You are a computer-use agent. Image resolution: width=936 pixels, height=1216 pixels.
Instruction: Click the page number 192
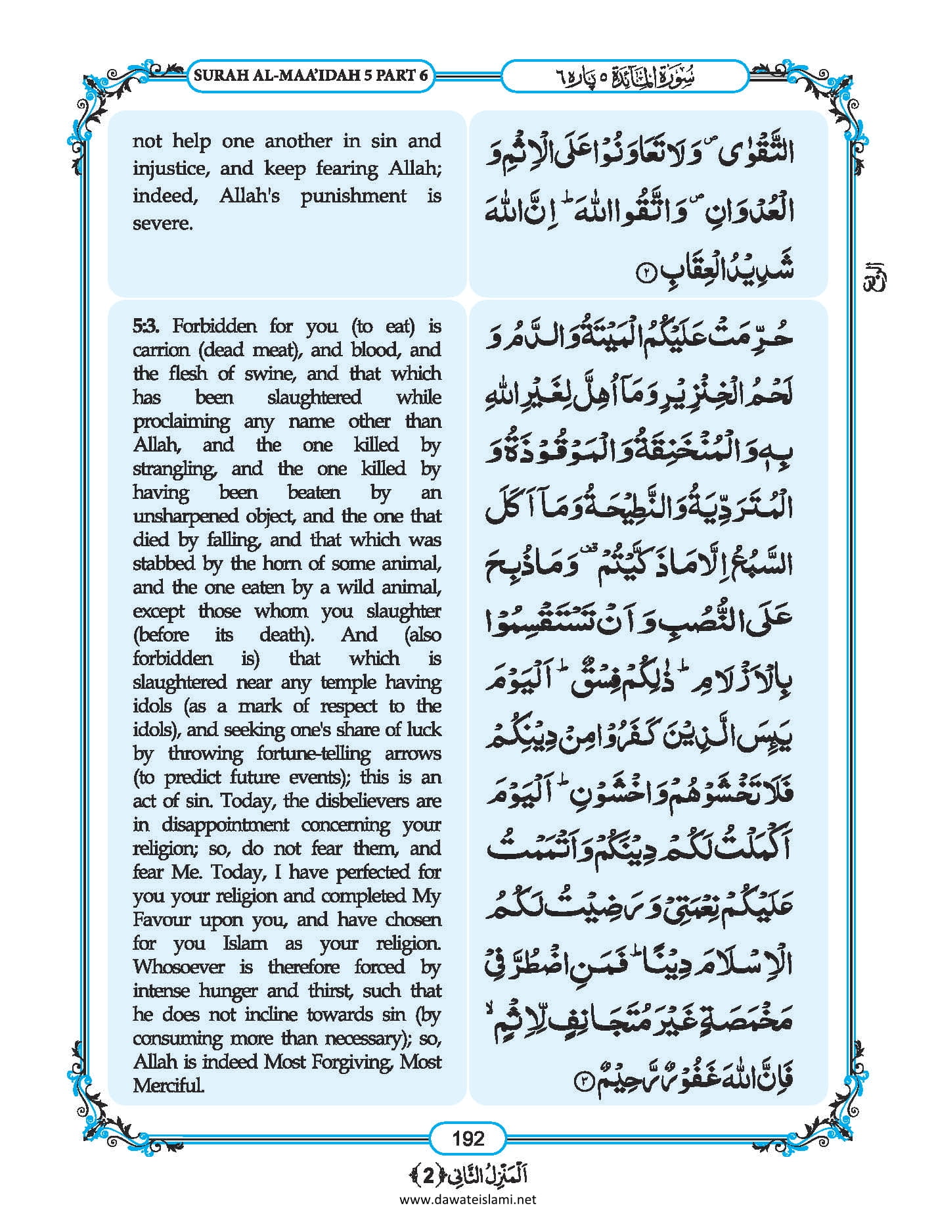coord(468,1138)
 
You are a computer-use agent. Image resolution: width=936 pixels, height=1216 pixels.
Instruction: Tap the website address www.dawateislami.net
coord(468,1199)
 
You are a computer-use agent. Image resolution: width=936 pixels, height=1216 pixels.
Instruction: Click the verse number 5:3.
coord(150,326)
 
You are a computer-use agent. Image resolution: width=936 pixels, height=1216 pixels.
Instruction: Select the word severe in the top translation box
coord(162,224)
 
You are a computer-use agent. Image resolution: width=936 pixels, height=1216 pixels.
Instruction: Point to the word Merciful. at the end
coord(168,1085)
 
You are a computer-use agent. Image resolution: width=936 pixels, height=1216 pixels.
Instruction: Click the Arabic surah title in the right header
coord(625,76)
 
